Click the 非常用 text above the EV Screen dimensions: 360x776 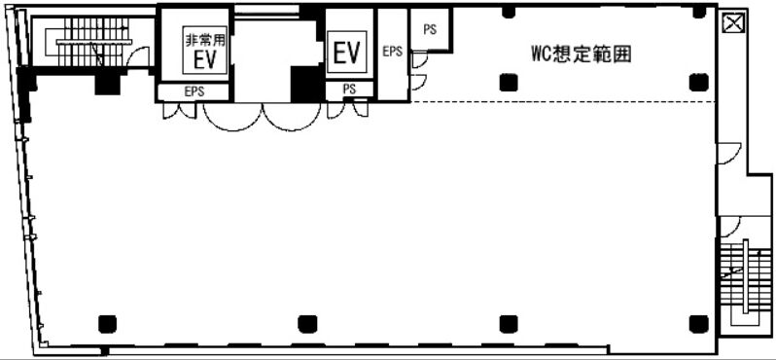[x=204, y=42]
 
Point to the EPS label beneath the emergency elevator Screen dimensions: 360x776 [x=194, y=91]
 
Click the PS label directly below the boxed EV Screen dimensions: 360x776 [x=350, y=90]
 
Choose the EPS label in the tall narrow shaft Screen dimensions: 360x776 [x=393, y=52]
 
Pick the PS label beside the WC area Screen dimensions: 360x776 [x=428, y=30]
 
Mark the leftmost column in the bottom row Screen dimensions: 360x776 [x=106, y=323]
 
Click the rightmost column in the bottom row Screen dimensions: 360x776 [x=696, y=323]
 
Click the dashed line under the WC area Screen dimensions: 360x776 [x=564, y=102]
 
